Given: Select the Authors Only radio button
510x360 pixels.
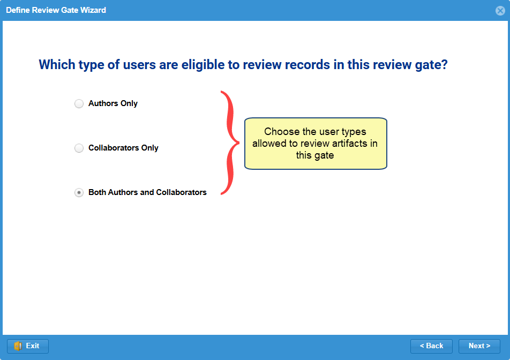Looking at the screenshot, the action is [79, 103].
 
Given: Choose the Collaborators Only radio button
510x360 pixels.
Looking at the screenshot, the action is [79, 148].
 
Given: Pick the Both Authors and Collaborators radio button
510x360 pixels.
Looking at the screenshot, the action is [79, 192].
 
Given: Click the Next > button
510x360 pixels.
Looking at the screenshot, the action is [479, 346].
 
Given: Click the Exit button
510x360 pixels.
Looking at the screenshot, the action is [28, 346].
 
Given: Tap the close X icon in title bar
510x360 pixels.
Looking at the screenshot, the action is [500, 11].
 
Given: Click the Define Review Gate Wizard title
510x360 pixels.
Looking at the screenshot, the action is [56, 10].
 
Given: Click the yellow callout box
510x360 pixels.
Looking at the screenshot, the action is [316, 144].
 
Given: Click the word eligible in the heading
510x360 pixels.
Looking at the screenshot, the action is [203, 65].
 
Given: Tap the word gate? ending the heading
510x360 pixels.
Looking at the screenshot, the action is [431, 65].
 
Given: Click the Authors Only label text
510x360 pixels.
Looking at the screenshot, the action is [113, 103].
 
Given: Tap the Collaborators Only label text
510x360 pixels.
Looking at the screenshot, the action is [123, 148].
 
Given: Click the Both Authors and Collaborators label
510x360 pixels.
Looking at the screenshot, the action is [147, 192].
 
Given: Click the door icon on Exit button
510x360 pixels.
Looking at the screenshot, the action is [18, 346].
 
